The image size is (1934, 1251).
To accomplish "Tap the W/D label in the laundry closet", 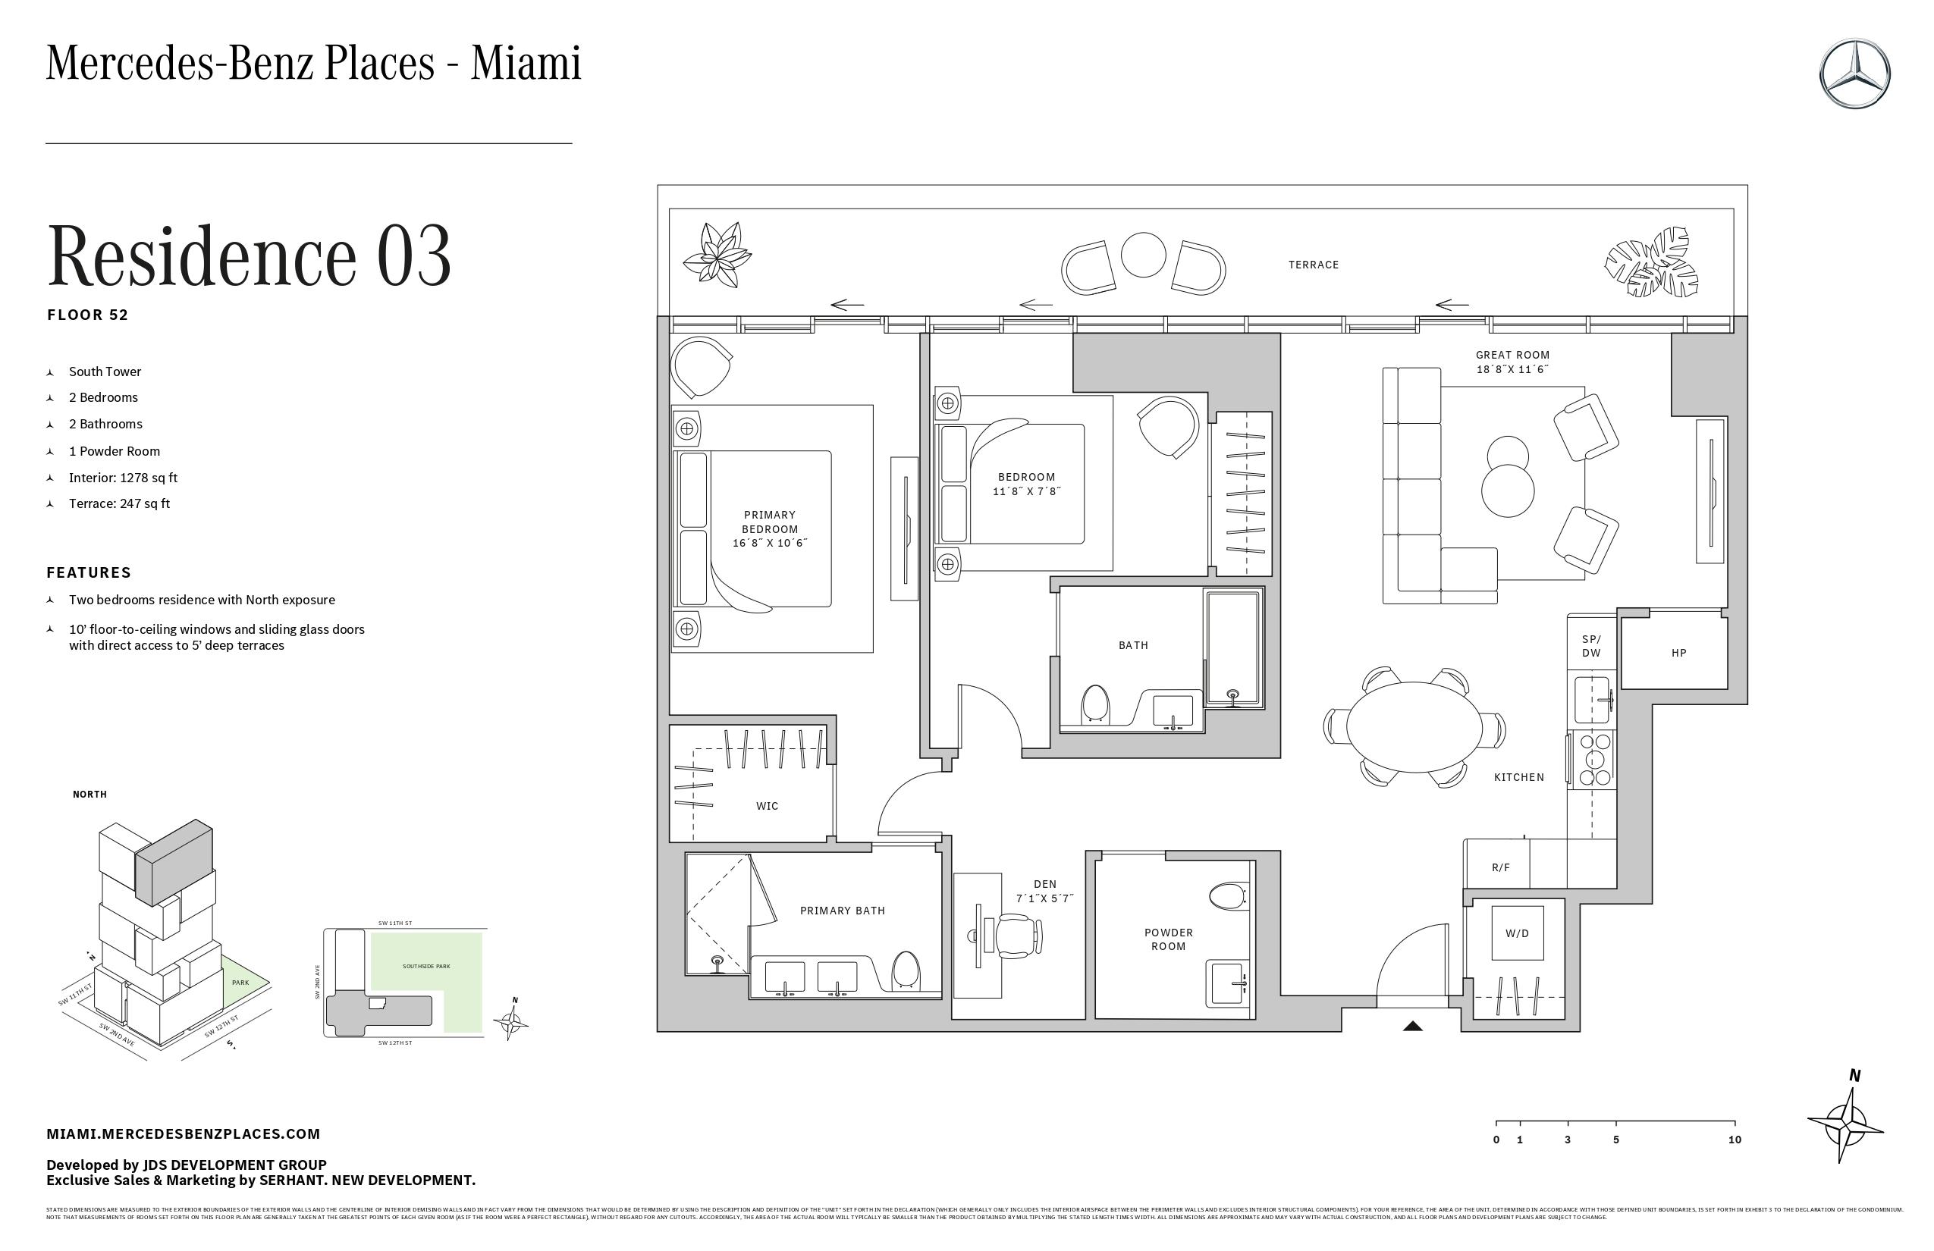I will coord(1516,933).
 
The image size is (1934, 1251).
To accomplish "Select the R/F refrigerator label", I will coord(1500,867).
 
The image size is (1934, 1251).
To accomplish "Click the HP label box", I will coord(1679,652).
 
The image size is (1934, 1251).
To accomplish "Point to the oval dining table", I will coord(1414,726).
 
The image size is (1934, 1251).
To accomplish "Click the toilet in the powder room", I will coord(1227,897).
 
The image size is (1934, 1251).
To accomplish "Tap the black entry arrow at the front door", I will coord(1412,1026).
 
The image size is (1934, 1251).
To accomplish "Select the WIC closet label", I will coord(766,806).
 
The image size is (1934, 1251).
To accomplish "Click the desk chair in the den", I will coord(1016,936).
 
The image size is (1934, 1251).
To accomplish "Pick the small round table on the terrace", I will coord(1144,254).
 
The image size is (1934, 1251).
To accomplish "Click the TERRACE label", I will coord(1313,265).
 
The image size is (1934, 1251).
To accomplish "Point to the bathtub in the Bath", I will coord(1232,647).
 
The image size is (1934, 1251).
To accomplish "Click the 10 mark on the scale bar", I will coord(1734,1140).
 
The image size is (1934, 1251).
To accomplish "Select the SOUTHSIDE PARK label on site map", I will coord(425,967).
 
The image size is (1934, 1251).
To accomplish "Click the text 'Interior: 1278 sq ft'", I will coord(123,478).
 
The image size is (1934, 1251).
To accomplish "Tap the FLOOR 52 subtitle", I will coord(88,315).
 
